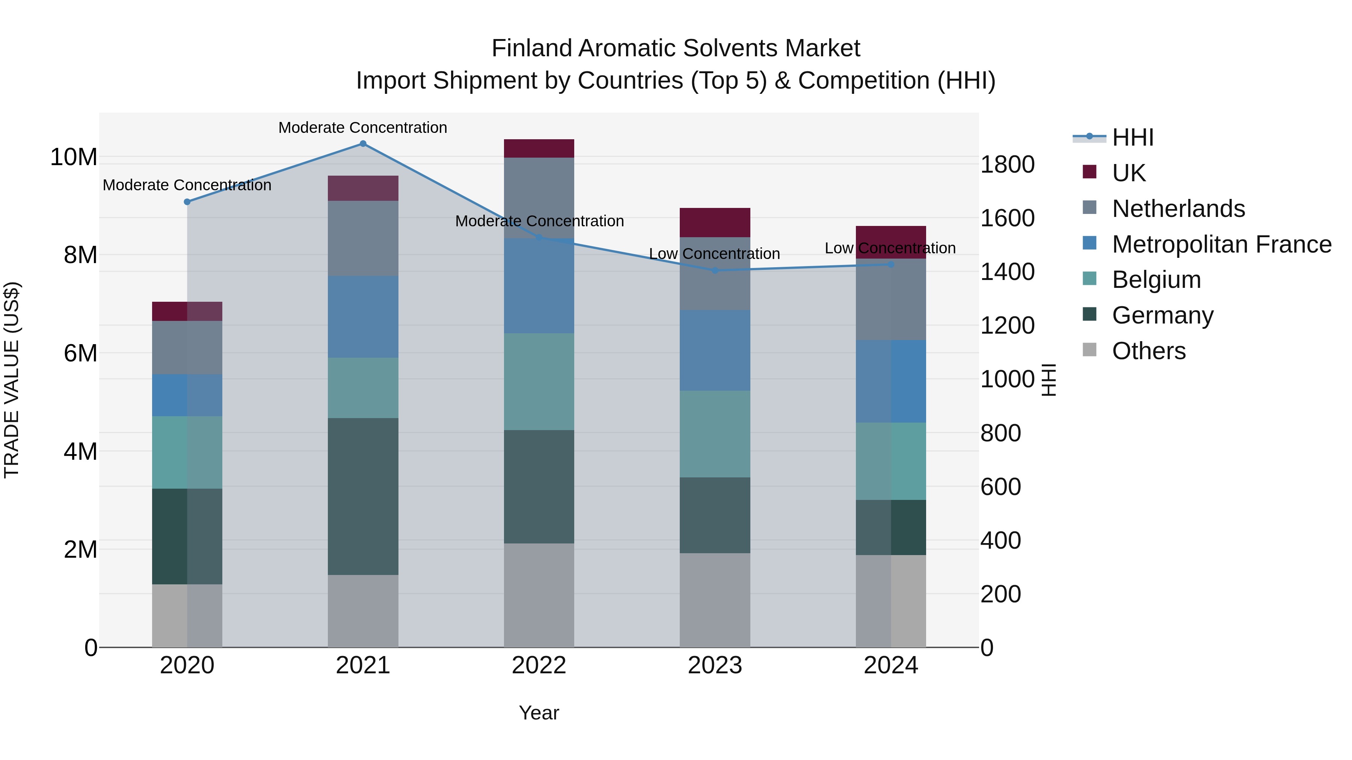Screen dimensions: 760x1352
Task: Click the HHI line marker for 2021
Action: coord(363,144)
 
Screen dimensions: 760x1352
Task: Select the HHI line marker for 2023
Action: coord(715,271)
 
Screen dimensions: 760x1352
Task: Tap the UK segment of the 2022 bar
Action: coord(539,148)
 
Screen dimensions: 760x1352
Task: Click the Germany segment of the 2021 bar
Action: coord(363,496)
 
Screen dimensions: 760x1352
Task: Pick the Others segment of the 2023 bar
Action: coord(715,600)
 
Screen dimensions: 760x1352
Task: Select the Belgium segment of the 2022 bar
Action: coord(539,381)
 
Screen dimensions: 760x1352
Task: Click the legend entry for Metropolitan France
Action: coord(1221,244)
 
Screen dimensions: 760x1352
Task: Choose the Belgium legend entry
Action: coord(1156,280)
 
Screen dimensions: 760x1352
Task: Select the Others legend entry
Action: coord(1148,351)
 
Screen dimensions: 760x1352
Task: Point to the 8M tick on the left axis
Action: coord(80,256)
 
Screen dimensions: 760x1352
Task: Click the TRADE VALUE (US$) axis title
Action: coord(12,380)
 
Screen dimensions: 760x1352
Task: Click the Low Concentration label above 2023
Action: coord(714,254)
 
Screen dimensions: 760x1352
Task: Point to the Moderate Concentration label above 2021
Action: coord(363,128)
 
